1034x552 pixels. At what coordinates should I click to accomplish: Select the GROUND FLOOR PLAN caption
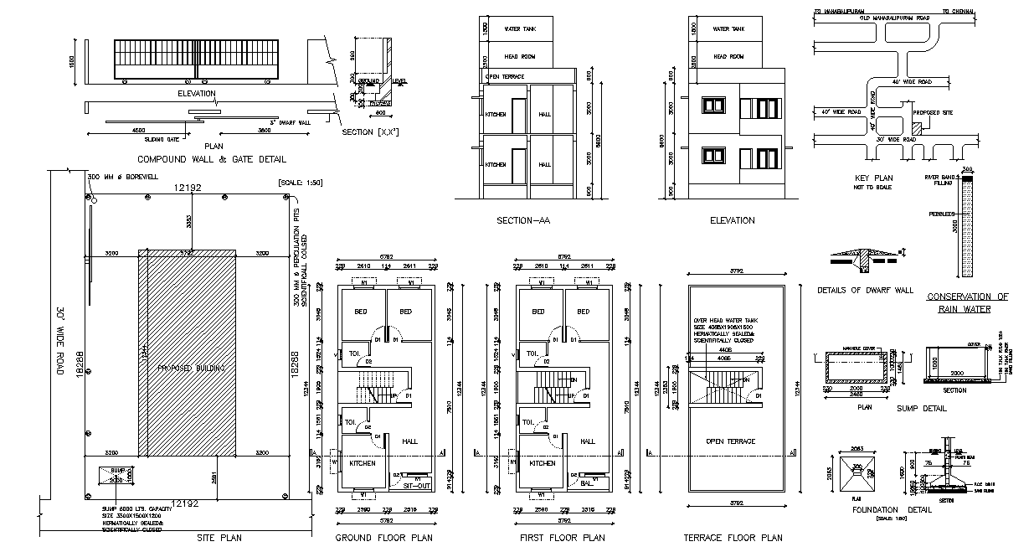click(383, 538)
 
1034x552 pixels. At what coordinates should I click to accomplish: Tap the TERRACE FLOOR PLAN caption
click(733, 538)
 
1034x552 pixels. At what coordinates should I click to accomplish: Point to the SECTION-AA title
click(522, 221)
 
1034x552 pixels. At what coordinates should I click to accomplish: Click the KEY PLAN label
click(873, 178)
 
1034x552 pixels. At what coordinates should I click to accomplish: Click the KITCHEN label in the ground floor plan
click(362, 463)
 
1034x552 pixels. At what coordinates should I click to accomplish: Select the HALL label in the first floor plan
click(588, 441)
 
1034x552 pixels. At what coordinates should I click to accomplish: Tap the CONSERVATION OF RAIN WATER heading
click(967, 302)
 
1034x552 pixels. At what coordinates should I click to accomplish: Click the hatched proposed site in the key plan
click(916, 128)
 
